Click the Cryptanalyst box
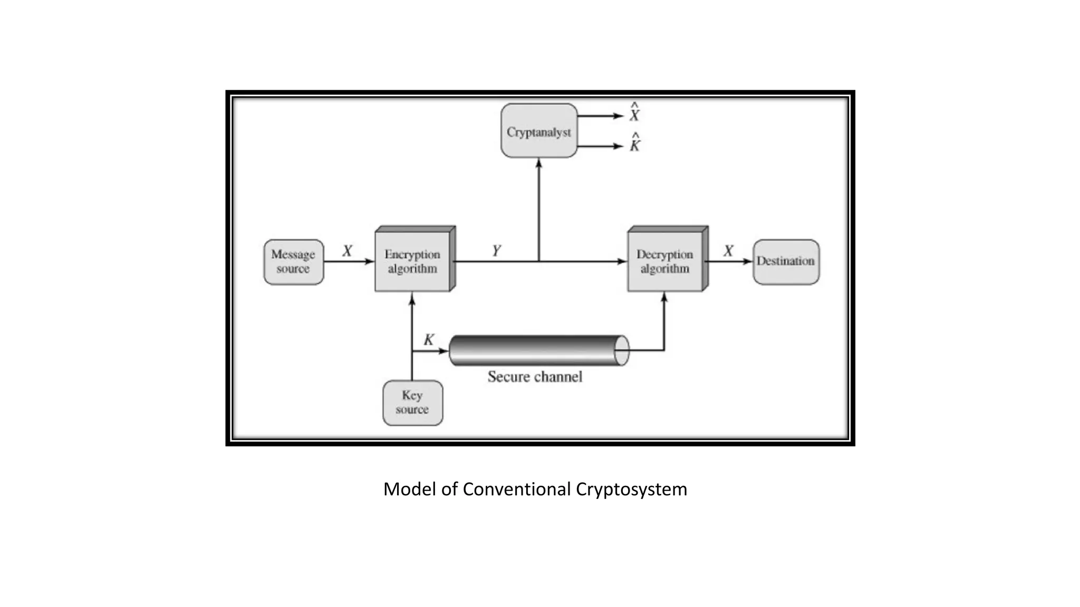(538, 131)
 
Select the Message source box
(293, 262)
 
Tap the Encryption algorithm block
(413, 262)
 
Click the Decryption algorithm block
(665, 262)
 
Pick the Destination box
(786, 262)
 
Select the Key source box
(412, 403)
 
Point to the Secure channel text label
(535, 377)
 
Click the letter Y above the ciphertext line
(496, 251)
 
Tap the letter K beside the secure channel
(429, 340)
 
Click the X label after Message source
(347, 251)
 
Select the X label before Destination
(728, 251)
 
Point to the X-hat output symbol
(634, 113)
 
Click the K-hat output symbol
(635, 143)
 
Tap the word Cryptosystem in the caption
(631, 489)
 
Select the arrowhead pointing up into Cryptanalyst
(538, 163)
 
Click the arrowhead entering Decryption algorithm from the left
(622, 261)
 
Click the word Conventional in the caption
(517, 489)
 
